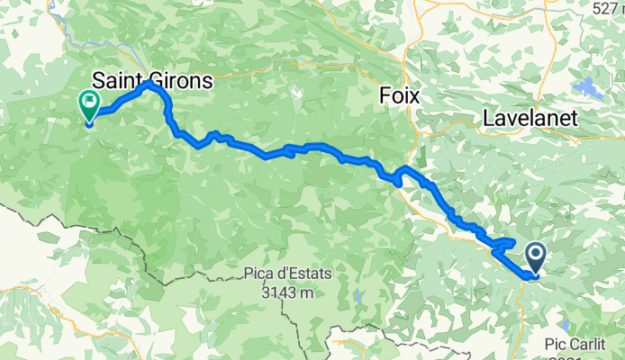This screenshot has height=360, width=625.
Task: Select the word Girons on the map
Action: click(x=184, y=80)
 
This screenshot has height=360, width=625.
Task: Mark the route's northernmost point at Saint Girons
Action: click(x=151, y=84)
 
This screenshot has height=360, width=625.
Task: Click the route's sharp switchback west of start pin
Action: click(x=494, y=251)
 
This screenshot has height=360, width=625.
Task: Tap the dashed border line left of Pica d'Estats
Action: click(x=135, y=267)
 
